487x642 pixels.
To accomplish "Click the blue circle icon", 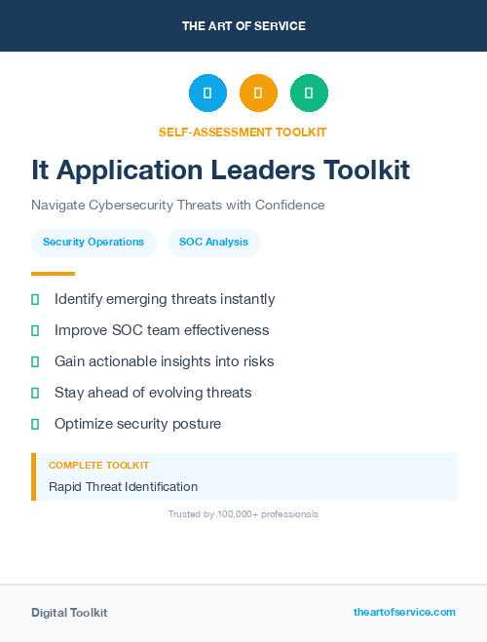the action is coord(207,94).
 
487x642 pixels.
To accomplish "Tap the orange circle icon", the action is coord(258,94).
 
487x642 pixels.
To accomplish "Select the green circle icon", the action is coord(309,94).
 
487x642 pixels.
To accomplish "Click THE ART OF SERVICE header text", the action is coord(243,26).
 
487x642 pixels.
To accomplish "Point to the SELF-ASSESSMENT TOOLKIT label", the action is coord(243,132).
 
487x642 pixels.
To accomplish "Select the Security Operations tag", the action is coord(94,242).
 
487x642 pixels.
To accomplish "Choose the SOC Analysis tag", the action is coord(213,242).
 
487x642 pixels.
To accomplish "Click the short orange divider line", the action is coord(53,274).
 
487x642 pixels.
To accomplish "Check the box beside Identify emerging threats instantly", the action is coord(35,300).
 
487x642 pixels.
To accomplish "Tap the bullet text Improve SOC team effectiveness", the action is coord(162,330).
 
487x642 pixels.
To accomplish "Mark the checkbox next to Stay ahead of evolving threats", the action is coord(35,393).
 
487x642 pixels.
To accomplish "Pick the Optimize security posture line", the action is coord(137,424).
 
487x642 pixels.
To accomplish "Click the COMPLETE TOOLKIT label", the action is coord(98,466).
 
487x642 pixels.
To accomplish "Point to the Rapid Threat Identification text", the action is coord(123,486).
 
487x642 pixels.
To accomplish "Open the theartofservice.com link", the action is coord(404,612).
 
